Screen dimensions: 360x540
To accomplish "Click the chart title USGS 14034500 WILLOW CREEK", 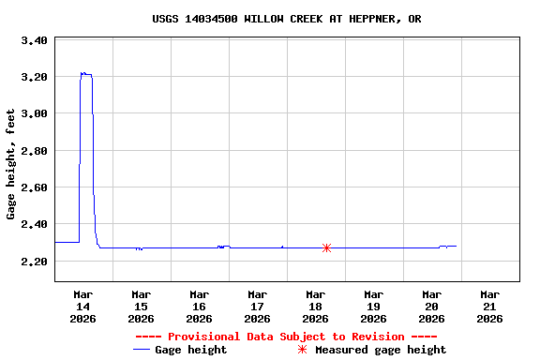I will tap(286, 19).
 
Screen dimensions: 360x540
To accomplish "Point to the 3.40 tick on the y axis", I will tap(35, 40).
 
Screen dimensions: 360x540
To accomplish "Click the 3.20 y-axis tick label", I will tap(35, 77).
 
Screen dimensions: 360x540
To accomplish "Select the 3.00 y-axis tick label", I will tap(35, 113).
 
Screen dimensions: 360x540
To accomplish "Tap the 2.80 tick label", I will tap(35, 150).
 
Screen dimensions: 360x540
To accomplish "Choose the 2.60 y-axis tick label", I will tap(35, 187).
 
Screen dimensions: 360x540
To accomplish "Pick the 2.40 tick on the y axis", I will tap(35, 224).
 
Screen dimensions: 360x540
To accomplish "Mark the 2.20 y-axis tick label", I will tap(35, 261).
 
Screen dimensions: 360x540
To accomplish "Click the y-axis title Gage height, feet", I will tap(11, 164).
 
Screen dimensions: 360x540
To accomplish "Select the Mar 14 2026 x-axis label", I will tap(82, 306).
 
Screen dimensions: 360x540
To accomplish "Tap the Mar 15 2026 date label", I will tap(141, 306).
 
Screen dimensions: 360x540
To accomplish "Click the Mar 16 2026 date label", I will tap(199, 306).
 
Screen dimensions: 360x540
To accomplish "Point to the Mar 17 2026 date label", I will tap(257, 306).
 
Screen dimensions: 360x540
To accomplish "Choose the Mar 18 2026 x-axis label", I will tap(315, 306).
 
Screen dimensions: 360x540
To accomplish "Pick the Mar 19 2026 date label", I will tap(373, 306).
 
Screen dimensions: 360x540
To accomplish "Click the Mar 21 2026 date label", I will tap(489, 306).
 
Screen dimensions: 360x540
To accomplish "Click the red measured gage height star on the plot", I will tap(326, 247).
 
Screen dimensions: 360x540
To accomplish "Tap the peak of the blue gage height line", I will tap(82, 72).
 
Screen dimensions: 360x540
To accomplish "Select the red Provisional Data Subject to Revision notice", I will tap(286, 337).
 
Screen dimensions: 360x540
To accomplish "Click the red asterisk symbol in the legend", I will tap(302, 350).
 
